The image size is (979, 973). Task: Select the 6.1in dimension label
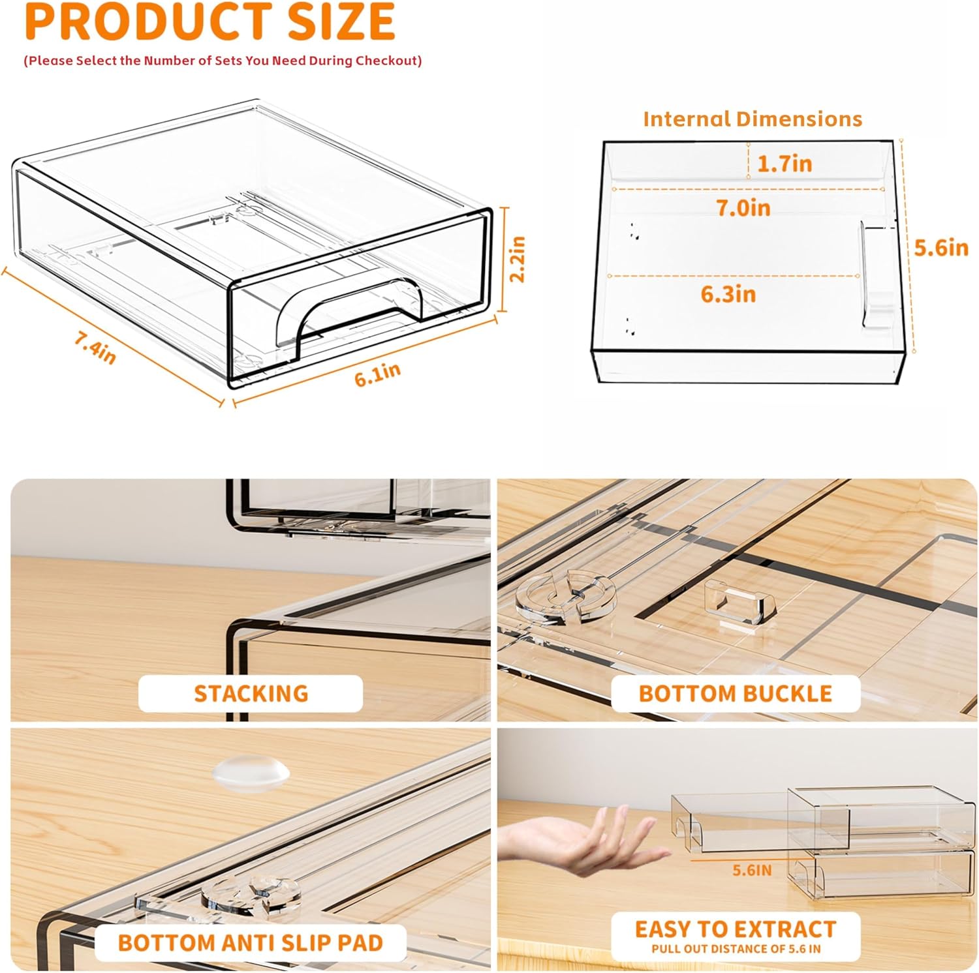pos(378,374)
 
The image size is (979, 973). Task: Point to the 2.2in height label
pos(517,258)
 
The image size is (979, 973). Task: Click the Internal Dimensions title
pos(753,119)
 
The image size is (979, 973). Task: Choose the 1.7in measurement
pos(785,163)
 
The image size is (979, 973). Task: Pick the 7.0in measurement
pos(743,207)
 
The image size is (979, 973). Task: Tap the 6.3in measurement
pos(728,294)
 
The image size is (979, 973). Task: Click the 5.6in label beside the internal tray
pos(941,247)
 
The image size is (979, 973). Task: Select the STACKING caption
pos(251,693)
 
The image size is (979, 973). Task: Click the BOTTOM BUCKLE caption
pos(736,693)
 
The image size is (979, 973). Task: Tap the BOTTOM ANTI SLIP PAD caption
pos(251,943)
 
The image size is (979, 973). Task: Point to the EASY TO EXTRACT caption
pos(736,929)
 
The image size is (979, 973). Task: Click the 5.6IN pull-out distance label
pos(752,870)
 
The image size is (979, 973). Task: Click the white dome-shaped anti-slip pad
pos(250,774)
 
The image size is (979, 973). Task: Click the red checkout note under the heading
pos(223,61)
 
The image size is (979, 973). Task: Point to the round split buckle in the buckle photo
pos(566,594)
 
